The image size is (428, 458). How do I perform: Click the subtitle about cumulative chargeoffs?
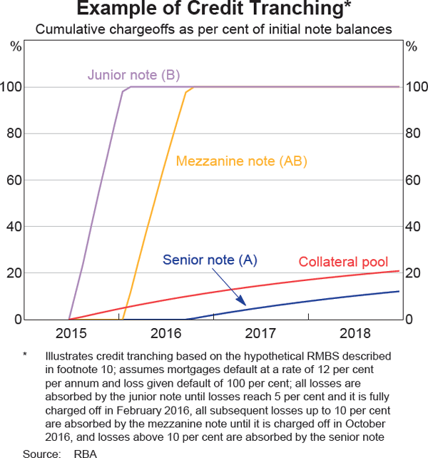(x=214, y=30)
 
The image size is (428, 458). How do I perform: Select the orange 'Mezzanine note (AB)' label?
(x=241, y=161)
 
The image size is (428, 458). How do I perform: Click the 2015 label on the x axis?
(x=71, y=333)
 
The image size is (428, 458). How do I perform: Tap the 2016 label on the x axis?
(x=166, y=333)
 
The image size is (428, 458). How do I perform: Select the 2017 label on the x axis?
(x=261, y=333)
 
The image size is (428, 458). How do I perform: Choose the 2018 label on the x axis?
(x=355, y=333)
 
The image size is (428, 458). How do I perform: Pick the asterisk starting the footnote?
(x=26, y=355)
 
